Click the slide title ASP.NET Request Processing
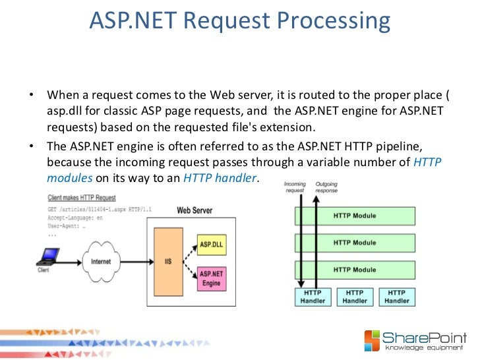pos(240,22)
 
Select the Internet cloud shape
pos(101,261)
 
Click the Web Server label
pos(195,211)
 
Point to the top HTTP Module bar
pos(355,216)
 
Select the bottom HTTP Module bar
pos(355,269)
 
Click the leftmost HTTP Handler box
pos(312,297)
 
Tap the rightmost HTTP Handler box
pos(396,297)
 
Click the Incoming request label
pos(295,187)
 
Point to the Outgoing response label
pos(326,187)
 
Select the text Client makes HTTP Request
pos(82,198)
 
